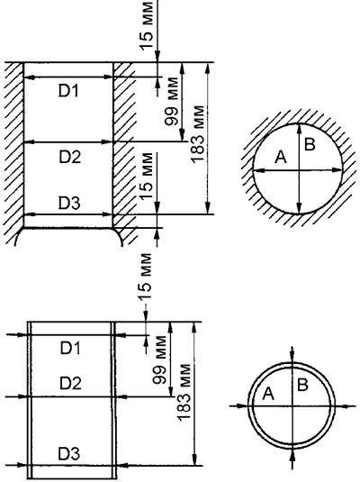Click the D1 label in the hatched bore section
69,91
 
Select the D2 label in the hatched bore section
69,157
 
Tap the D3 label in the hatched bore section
69,204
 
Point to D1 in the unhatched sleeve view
70,347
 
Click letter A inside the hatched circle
280,157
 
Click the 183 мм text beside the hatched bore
198,135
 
